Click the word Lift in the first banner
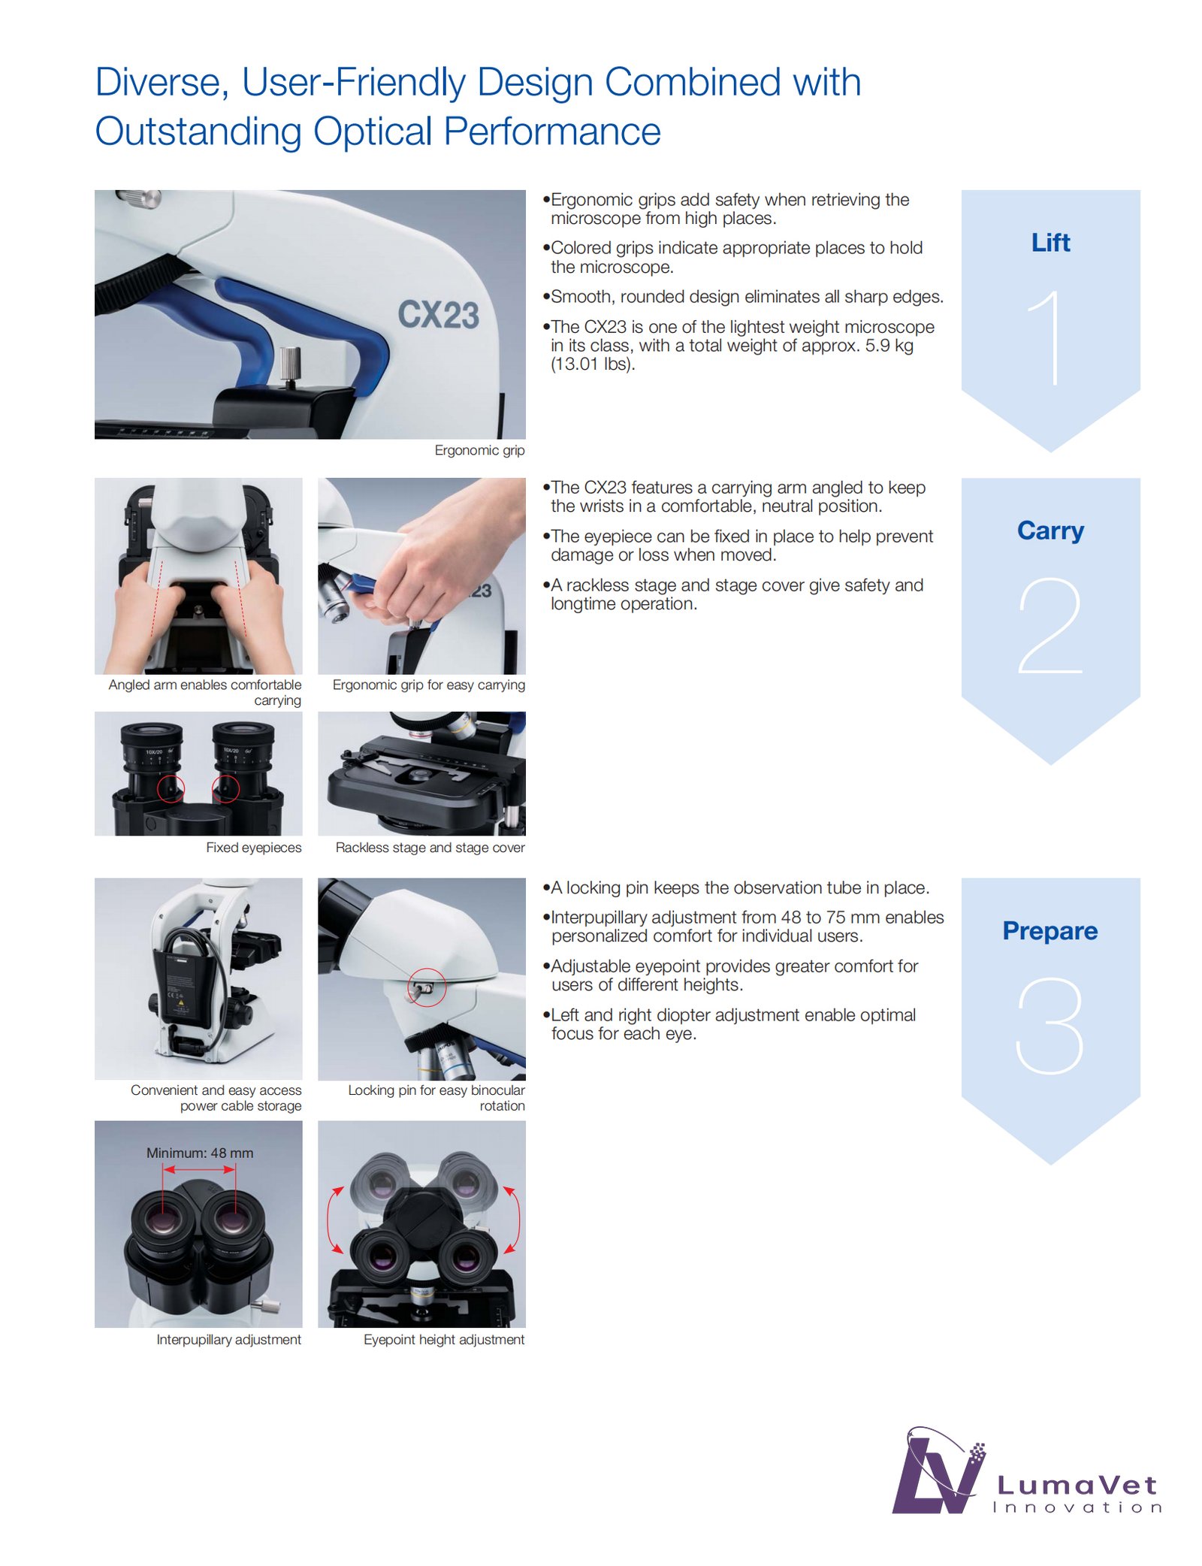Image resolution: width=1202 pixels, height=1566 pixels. [1050, 243]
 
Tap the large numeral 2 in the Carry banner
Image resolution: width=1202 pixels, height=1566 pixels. [1050, 625]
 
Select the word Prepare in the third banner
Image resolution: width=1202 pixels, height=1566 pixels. [1050, 931]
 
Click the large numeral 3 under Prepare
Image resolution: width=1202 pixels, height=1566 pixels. [1050, 1025]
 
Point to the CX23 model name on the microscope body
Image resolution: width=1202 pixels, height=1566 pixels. [438, 315]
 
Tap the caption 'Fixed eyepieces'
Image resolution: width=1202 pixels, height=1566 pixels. [254, 848]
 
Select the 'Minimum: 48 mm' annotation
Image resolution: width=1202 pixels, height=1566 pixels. [200, 1153]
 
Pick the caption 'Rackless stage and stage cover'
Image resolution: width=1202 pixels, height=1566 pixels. [430, 848]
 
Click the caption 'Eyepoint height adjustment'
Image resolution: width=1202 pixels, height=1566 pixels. [444, 1340]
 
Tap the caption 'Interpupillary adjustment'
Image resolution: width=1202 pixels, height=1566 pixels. [228, 1340]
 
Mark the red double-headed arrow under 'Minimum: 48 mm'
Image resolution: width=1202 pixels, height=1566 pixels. [199, 1169]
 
